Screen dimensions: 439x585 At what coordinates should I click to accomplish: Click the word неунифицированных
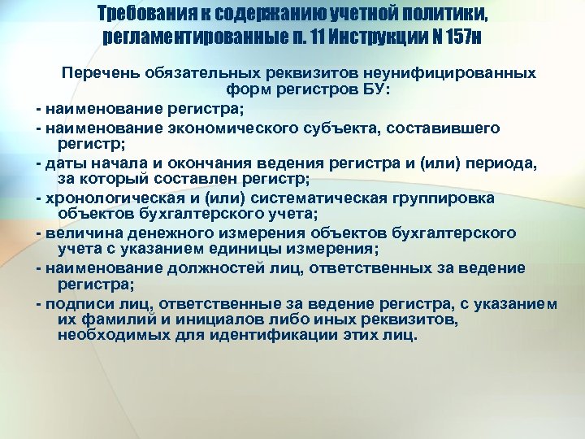tap(452, 73)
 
